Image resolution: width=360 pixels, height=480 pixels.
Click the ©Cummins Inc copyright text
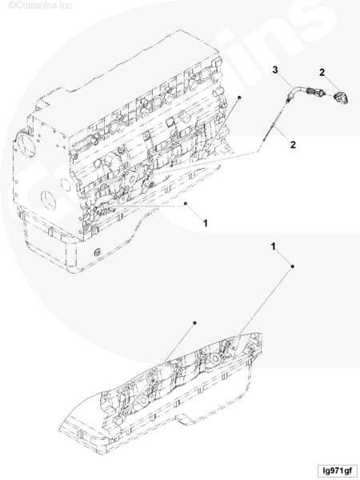coord(40,5)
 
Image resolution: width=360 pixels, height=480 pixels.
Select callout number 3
coord(275,70)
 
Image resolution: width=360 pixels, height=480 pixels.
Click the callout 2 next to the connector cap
coord(322,73)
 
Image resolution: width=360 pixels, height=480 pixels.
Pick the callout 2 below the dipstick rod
coord(293,145)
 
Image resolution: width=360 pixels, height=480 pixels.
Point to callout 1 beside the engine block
coord(206,223)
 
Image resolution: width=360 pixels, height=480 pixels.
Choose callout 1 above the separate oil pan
coord(274,246)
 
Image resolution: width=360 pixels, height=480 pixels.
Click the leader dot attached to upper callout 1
coord(186,203)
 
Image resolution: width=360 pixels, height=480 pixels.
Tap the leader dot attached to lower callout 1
coord(292,266)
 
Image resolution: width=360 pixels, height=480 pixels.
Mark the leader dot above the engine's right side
coord(239,98)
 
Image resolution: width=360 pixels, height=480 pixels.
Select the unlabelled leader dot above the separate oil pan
coord(194,322)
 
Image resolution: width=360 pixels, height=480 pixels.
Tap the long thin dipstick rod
coord(273,122)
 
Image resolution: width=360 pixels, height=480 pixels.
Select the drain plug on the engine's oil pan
coord(98,253)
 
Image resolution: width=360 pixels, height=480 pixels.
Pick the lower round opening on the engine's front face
coord(47,200)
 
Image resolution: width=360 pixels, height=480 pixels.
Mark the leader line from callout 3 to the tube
coord(284,81)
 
